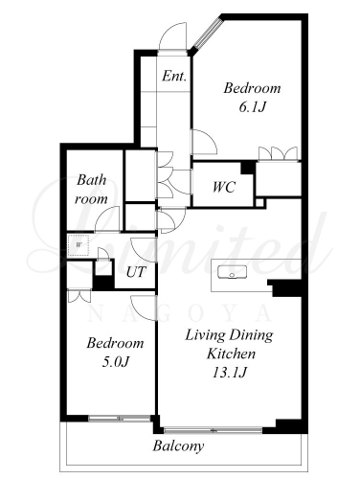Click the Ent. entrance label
(174, 76)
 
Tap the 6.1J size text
(252, 107)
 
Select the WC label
(224, 187)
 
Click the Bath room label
(91, 190)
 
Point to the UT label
(136, 272)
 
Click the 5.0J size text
(115, 362)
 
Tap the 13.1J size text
(230, 373)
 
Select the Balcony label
(178, 446)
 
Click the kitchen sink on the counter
(232, 272)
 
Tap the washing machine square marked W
(79, 245)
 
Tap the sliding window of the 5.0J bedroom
(120, 418)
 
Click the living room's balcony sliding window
(213, 430)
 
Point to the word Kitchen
(231, 354)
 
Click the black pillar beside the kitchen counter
(285, 288)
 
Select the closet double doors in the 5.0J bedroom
(79, 296)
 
